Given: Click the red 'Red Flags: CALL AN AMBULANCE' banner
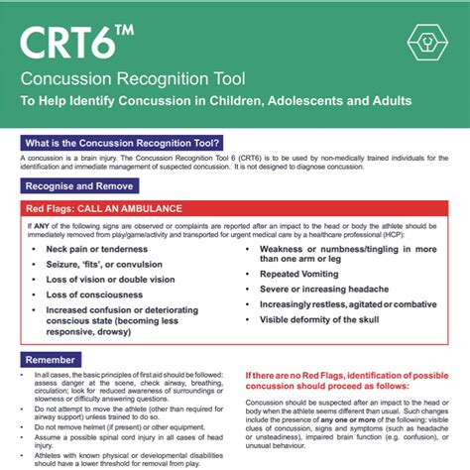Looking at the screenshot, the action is pyautogui.click(x=107, y=210).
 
